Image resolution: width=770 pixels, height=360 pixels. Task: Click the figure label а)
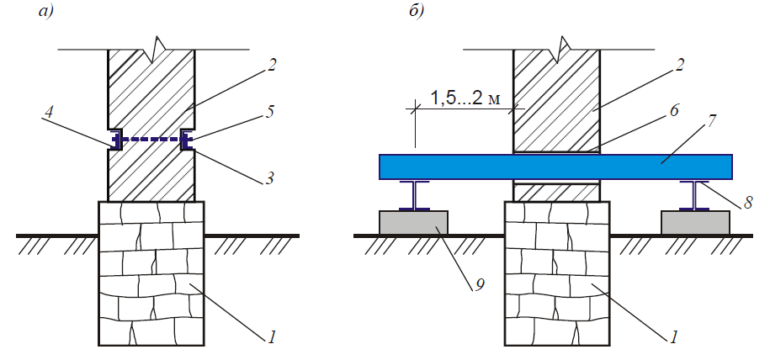click(45, 11)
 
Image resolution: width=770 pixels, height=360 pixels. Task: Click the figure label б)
click(417, 11)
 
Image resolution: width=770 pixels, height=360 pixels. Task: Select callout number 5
click(268, 113)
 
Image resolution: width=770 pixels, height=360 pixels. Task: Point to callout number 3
click(268, 177)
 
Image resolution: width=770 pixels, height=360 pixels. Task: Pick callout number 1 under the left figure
click(271, 337)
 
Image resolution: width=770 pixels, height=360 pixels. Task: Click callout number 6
click(674, 111)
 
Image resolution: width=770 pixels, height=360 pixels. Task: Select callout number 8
click(747, 203)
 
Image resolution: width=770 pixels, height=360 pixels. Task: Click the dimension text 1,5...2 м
click(465, 98)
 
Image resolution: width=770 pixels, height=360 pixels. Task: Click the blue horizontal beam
click(556, 167)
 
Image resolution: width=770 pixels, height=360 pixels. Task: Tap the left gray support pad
click(413, 223)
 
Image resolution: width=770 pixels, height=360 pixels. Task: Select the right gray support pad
click(695, 223)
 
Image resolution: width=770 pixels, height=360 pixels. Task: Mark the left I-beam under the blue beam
click(415, 195)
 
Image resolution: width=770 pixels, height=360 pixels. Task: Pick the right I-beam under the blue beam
click(695, 195)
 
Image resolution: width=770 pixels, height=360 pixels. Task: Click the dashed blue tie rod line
click(151, 140)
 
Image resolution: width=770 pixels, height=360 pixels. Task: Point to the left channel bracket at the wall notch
click(115, 140)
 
